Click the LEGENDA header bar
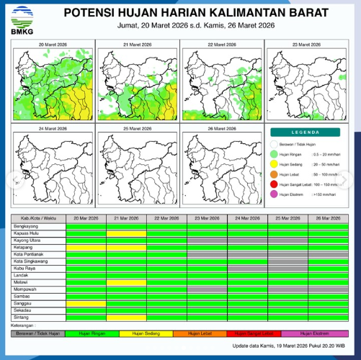pos(305,132)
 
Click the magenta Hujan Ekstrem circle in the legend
pos(274,195)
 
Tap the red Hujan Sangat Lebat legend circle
pos(274,185)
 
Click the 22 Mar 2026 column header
pos(166,217)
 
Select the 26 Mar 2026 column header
pos(328,217)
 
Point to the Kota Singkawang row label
pos(32,261)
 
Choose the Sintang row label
pos(22,316)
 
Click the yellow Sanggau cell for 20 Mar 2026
pos(86,302)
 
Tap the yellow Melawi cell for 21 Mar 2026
pos(126,282)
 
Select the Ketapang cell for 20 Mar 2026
pos(86,247)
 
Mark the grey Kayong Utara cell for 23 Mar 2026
pos(207,240)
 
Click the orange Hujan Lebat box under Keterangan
pos(197,333)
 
